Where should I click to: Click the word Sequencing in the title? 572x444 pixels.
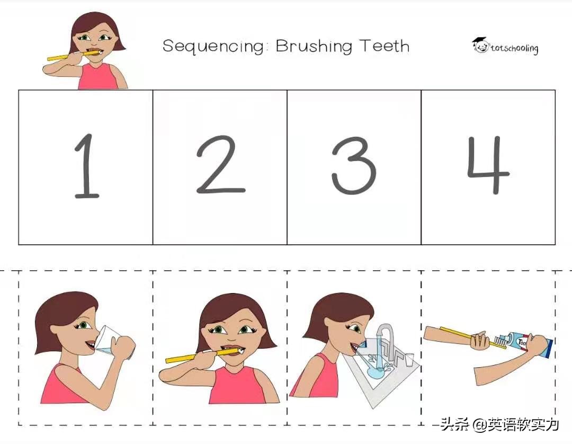point(214,47)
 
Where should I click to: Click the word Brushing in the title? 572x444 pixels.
point(314,47)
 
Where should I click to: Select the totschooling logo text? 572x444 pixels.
point(514,48)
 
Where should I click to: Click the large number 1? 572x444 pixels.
point(86,166)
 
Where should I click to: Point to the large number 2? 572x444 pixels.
point(220,164)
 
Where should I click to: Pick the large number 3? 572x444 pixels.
point(353,165)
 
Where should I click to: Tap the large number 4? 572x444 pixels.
point(488,165)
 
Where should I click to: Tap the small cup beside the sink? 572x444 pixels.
point(409,359)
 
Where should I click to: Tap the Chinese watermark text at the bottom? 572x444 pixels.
point(499,424)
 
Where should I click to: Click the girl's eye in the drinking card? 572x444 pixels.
point(83,324)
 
